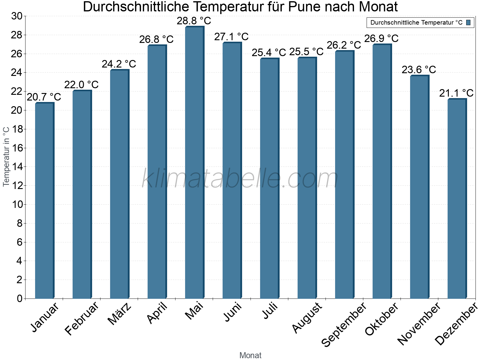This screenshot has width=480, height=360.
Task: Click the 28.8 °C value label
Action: (x=194, y=21)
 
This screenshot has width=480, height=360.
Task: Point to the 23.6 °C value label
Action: (x=419, y=70)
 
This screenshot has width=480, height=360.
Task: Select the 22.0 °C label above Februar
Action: (x=81, y=85)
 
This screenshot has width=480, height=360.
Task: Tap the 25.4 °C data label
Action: (x=269, y=53)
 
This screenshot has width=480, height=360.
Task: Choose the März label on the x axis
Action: (x=120, y=314)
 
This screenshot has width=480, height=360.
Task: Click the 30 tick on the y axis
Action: (x=17, y=16)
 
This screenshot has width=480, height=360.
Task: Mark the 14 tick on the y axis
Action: (x=17, y=167)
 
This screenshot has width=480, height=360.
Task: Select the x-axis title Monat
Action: (x=250, y=355)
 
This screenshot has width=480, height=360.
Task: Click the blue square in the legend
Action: (x=468, y=22)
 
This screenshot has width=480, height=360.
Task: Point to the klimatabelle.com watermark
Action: (x=240, y=178)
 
